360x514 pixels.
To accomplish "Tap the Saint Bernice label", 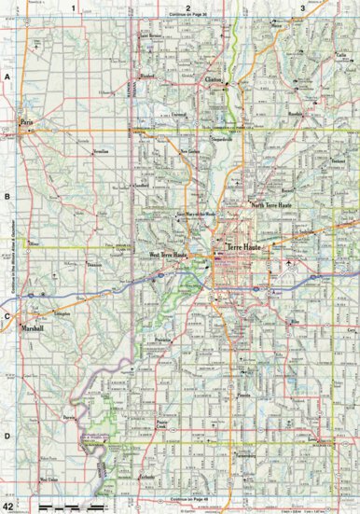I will click(x=151, y=38).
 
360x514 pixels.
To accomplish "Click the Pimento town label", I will click(x=246, y=396).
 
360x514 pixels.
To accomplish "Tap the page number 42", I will click(x=8, y=505).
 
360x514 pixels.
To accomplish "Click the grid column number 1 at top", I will click(x=74, y=7).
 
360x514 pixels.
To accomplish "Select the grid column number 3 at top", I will click(x=302, y=7).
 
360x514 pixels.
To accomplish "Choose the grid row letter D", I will click(x=7, y=436).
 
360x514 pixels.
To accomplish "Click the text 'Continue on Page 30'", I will click(x=187, y=16).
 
